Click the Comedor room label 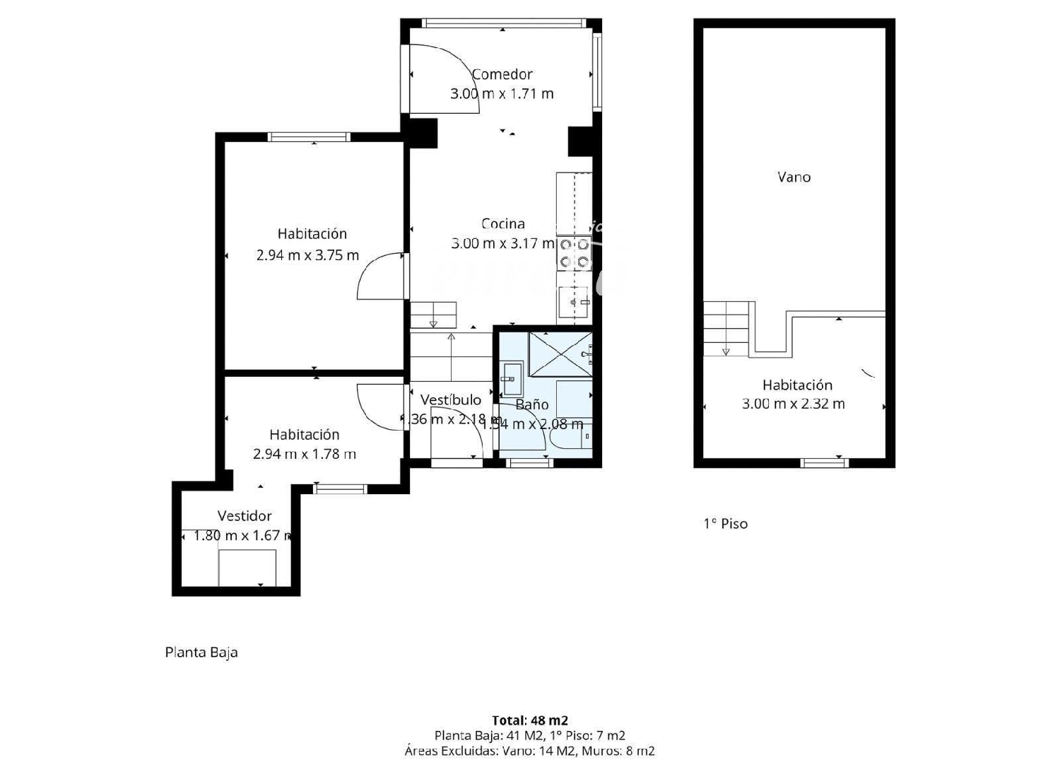click(x=502, y=74)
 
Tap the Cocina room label click(x=503, y=224)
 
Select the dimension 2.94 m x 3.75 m click(x=307, y=255)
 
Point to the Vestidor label click(x=245, y=516)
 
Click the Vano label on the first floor click(x=794, y=177)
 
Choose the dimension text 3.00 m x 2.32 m click(x=793, y=404)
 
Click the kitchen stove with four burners click(x=574, y=254)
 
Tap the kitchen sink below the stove click(x=573, y=303)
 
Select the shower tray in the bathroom click(x=560, y=354)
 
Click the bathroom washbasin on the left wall click(x=512, y=379)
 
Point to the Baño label click(x=532, y=404)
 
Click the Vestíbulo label click(x=450, y=400)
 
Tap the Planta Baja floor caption click(x=201, y=653)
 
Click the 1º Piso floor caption click(x=725, y=524)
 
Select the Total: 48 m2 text click(x=530, y=720)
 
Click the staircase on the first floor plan click(x=726, y=327)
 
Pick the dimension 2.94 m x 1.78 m click(x=305, y=455)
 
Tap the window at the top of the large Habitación click(x=309, y=137)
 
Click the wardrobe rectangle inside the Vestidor click(x=247, y=568)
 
